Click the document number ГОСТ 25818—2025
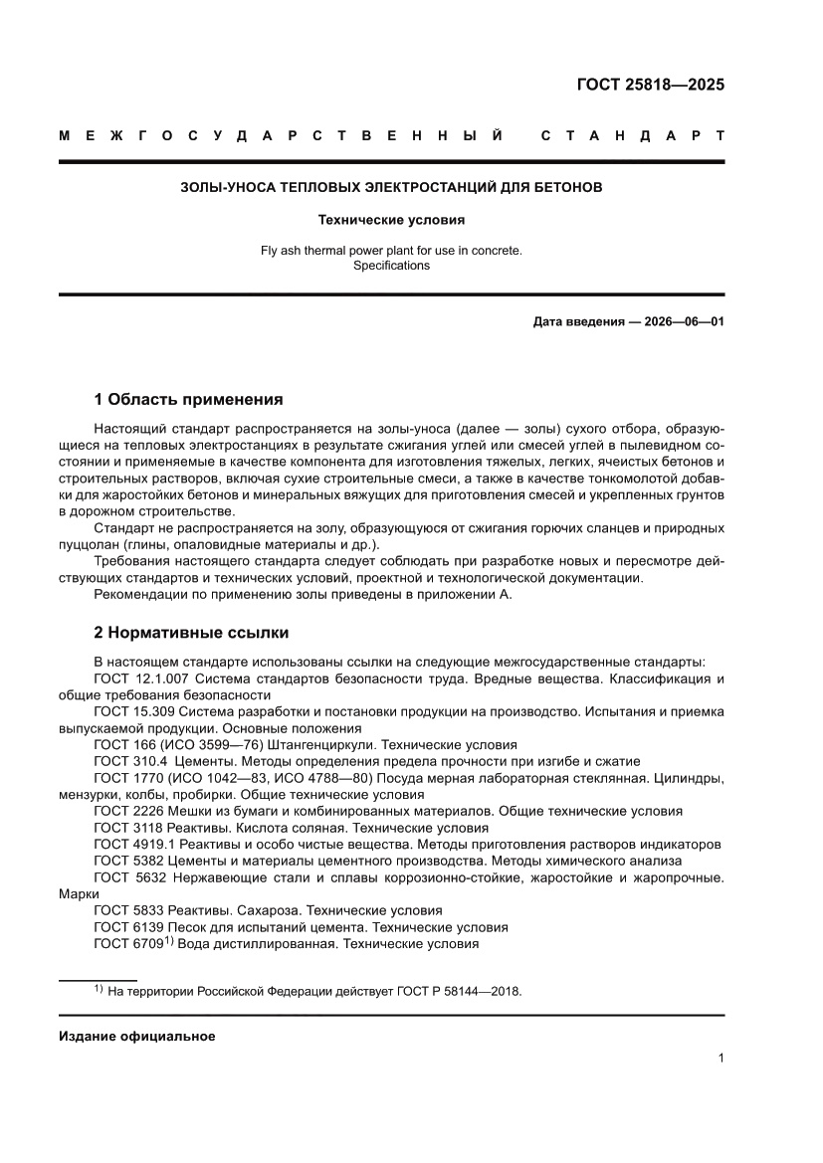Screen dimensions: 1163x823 (651, 84)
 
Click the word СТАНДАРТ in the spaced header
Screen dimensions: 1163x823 (632, 135)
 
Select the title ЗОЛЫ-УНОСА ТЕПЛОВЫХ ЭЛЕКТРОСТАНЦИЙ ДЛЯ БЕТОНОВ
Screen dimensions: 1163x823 (391, 186)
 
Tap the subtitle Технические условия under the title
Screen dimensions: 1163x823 (391, 219)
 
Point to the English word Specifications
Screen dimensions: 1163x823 (391, 266)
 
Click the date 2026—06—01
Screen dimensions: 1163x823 (671, 322)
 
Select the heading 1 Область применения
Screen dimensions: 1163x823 (188, 400)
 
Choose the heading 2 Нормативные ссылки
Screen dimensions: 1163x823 (190, 632)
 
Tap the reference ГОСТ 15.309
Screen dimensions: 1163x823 (133, 711)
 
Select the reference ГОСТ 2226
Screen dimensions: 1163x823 (126, 811)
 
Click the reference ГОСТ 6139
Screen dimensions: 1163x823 (126, 926)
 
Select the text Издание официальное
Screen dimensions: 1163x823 (137, 1036)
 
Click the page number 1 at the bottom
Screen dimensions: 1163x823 (720, 1059)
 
